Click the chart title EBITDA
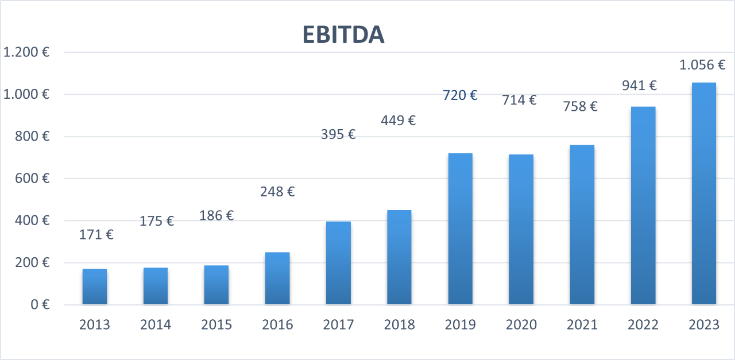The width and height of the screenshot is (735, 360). [343, 36]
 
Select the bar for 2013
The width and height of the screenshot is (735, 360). [95, 287]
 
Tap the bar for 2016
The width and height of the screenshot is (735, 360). [277, 278]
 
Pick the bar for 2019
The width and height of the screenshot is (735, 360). [460, 229]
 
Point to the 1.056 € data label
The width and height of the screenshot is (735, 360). [702, 65]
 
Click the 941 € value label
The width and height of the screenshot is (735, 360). [639, 86]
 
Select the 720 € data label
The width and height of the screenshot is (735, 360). [460, 95]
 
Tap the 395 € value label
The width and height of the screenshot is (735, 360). [338, 134]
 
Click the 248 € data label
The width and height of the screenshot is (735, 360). [277, 192]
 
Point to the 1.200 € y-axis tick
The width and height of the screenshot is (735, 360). [26, 52]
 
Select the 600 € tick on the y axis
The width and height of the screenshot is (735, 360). [33, 179]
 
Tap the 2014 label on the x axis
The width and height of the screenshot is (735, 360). [156, 325]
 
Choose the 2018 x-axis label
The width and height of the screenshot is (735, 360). [399, 325]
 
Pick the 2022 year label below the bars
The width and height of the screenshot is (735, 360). [643, 325]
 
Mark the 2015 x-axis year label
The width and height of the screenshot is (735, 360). [216, 325]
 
